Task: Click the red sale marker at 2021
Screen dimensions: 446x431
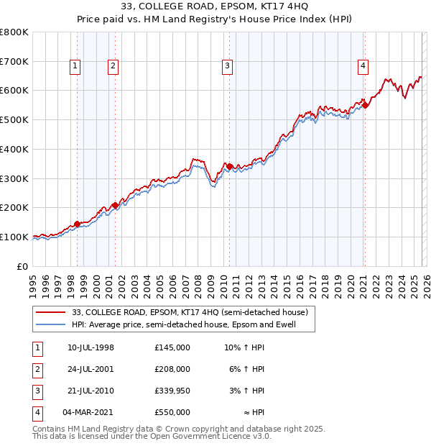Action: click(365, 105)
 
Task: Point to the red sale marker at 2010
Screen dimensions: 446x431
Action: click(230, 166)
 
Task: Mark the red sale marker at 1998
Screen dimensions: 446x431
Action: click(77, 224)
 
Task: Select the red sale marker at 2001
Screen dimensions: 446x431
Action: click(115, 205)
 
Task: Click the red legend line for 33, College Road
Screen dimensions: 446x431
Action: click(50, 312)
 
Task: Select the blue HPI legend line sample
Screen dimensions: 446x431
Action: click(50, 324)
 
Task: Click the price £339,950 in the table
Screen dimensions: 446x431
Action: click(172, 390)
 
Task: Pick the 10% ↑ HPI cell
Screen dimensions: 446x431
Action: click(244, 347)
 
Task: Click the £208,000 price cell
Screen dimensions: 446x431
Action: click(172, 369)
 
